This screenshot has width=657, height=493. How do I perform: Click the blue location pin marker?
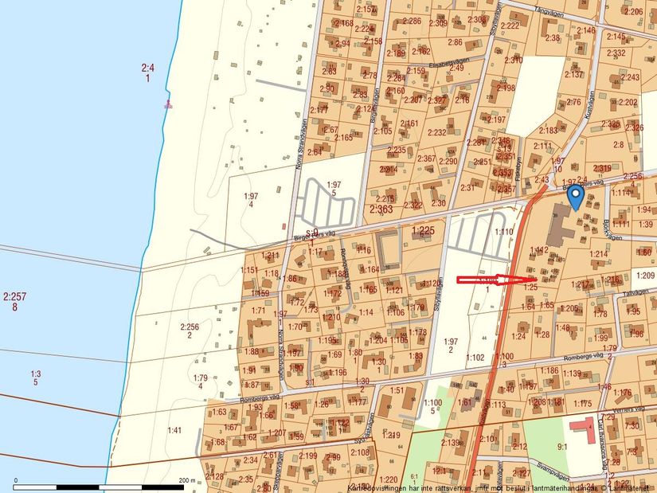575,195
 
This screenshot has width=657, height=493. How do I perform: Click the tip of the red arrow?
526,280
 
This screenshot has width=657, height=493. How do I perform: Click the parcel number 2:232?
436,132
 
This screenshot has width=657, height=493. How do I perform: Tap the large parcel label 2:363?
381,209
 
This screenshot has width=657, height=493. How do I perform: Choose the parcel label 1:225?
423,231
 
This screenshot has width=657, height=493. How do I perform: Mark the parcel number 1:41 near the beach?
175,430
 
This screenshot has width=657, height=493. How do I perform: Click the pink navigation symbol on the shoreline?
167,104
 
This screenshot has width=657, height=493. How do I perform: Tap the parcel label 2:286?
412,21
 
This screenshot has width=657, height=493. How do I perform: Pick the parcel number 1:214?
597,254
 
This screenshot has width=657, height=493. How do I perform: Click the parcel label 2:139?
450,443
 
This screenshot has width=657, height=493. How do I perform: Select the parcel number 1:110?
503,232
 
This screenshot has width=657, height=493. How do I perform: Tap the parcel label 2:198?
506,88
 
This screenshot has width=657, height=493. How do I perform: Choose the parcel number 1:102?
475,358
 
